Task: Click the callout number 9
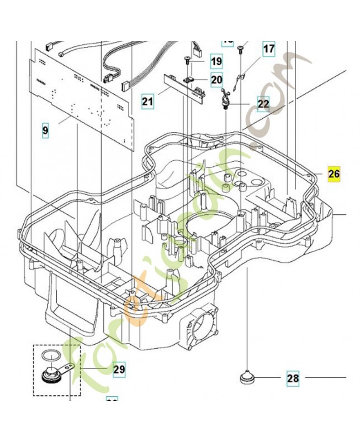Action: tap(45, 131)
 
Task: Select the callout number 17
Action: tap(268, 49)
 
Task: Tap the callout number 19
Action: tap(215, 61)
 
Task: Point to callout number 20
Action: tap(216, 80)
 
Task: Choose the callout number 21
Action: tap(147, 101)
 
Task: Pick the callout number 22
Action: tap(263, 103)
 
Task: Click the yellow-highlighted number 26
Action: tap(334, 174)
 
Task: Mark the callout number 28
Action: tap(293, 378)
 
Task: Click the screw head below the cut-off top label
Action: tap(241, 50)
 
